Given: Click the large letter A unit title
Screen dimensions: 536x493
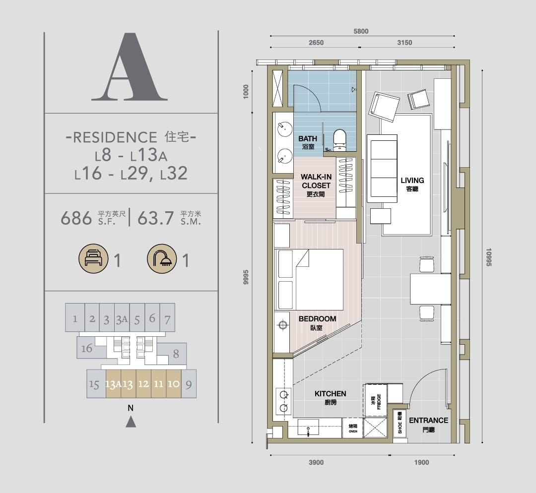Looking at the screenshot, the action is point(130,66).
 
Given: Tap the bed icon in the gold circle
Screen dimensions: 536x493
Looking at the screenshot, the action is point(93,258).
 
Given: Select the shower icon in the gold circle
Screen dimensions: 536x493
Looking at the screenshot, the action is point(162,258).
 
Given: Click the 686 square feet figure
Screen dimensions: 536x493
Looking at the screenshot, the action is point(76,218).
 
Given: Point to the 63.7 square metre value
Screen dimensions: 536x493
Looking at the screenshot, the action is point(155,218).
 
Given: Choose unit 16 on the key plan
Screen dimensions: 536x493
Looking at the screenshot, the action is point(86,349).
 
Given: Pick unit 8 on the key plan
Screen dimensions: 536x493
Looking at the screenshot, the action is point(176,354).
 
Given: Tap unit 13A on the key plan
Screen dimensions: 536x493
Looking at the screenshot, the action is point(113,384).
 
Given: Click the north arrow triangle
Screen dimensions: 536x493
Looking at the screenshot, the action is point(131,422).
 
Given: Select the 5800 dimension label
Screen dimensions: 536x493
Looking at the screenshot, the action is point(361,31).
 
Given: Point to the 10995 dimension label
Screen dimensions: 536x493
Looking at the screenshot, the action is point(488,257).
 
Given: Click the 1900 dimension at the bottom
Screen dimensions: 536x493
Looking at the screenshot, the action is point(421,463).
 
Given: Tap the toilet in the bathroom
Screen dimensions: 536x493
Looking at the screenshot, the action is point(339,140).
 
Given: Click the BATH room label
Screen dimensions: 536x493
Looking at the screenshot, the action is point(308,139).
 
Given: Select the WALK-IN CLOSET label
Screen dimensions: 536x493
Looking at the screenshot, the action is point(316,181).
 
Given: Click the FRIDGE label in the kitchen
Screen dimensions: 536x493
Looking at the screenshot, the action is point(379,401).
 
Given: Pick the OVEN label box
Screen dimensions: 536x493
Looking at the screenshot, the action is point(353,428).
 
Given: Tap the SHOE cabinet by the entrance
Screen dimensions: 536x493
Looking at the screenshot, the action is point(400,423).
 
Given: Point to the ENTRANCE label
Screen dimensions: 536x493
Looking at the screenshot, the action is point(429,421).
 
